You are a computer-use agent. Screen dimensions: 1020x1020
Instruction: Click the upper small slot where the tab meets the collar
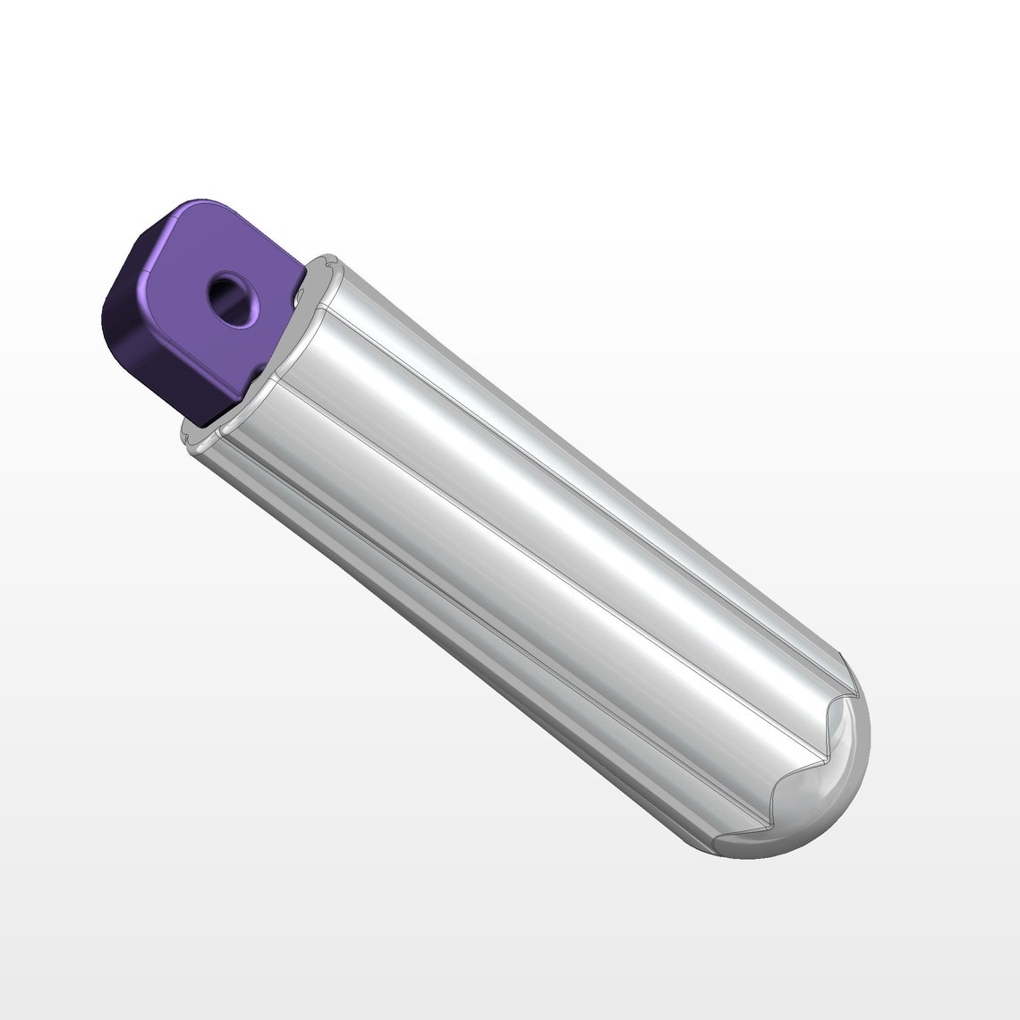coord(300,291)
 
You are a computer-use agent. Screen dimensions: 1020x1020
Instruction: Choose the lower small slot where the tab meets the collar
coord(257,369)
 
